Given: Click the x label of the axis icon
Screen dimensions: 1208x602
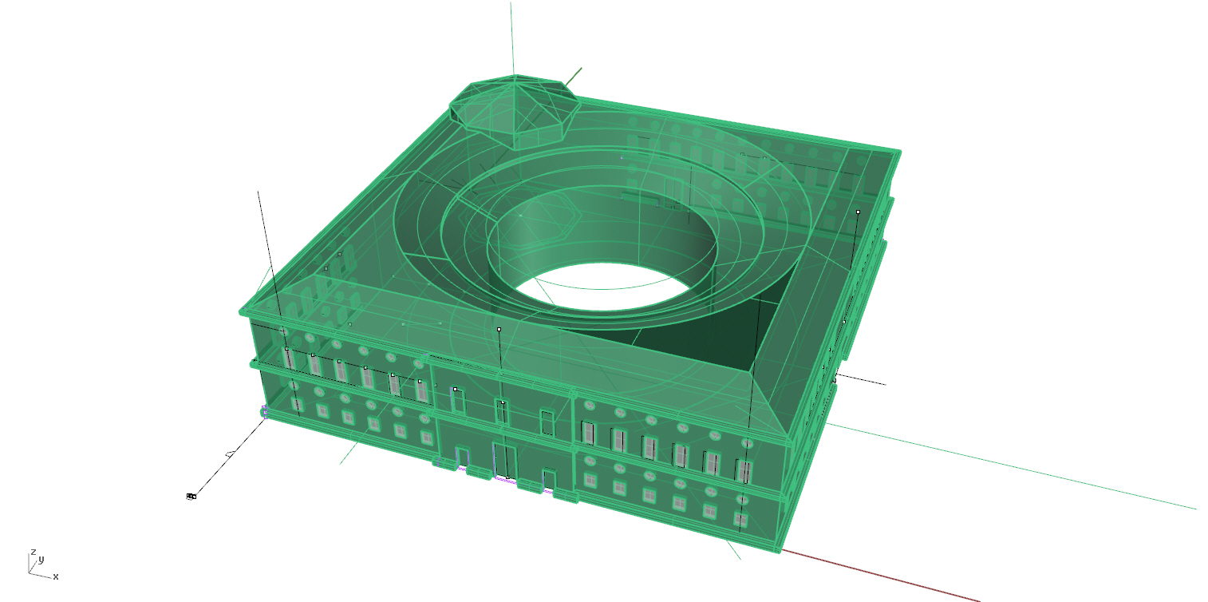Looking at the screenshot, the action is point(56,577).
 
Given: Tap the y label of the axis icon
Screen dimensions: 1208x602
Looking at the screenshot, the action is point(41,559).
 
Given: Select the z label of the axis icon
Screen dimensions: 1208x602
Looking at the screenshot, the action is point(34,552).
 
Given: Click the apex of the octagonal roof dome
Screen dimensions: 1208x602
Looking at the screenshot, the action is point(515,76).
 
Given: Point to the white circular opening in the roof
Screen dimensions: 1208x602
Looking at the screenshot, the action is point(603,287).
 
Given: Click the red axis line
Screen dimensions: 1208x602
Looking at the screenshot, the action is point(880,576).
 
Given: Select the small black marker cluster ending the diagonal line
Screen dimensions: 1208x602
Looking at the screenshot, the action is point(191,497).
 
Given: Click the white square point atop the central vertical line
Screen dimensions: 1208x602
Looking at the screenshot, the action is point(499,329).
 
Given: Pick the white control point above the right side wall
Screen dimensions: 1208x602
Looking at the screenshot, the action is point(858,212).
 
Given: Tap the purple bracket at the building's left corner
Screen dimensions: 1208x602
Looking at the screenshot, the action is point(264,412).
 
